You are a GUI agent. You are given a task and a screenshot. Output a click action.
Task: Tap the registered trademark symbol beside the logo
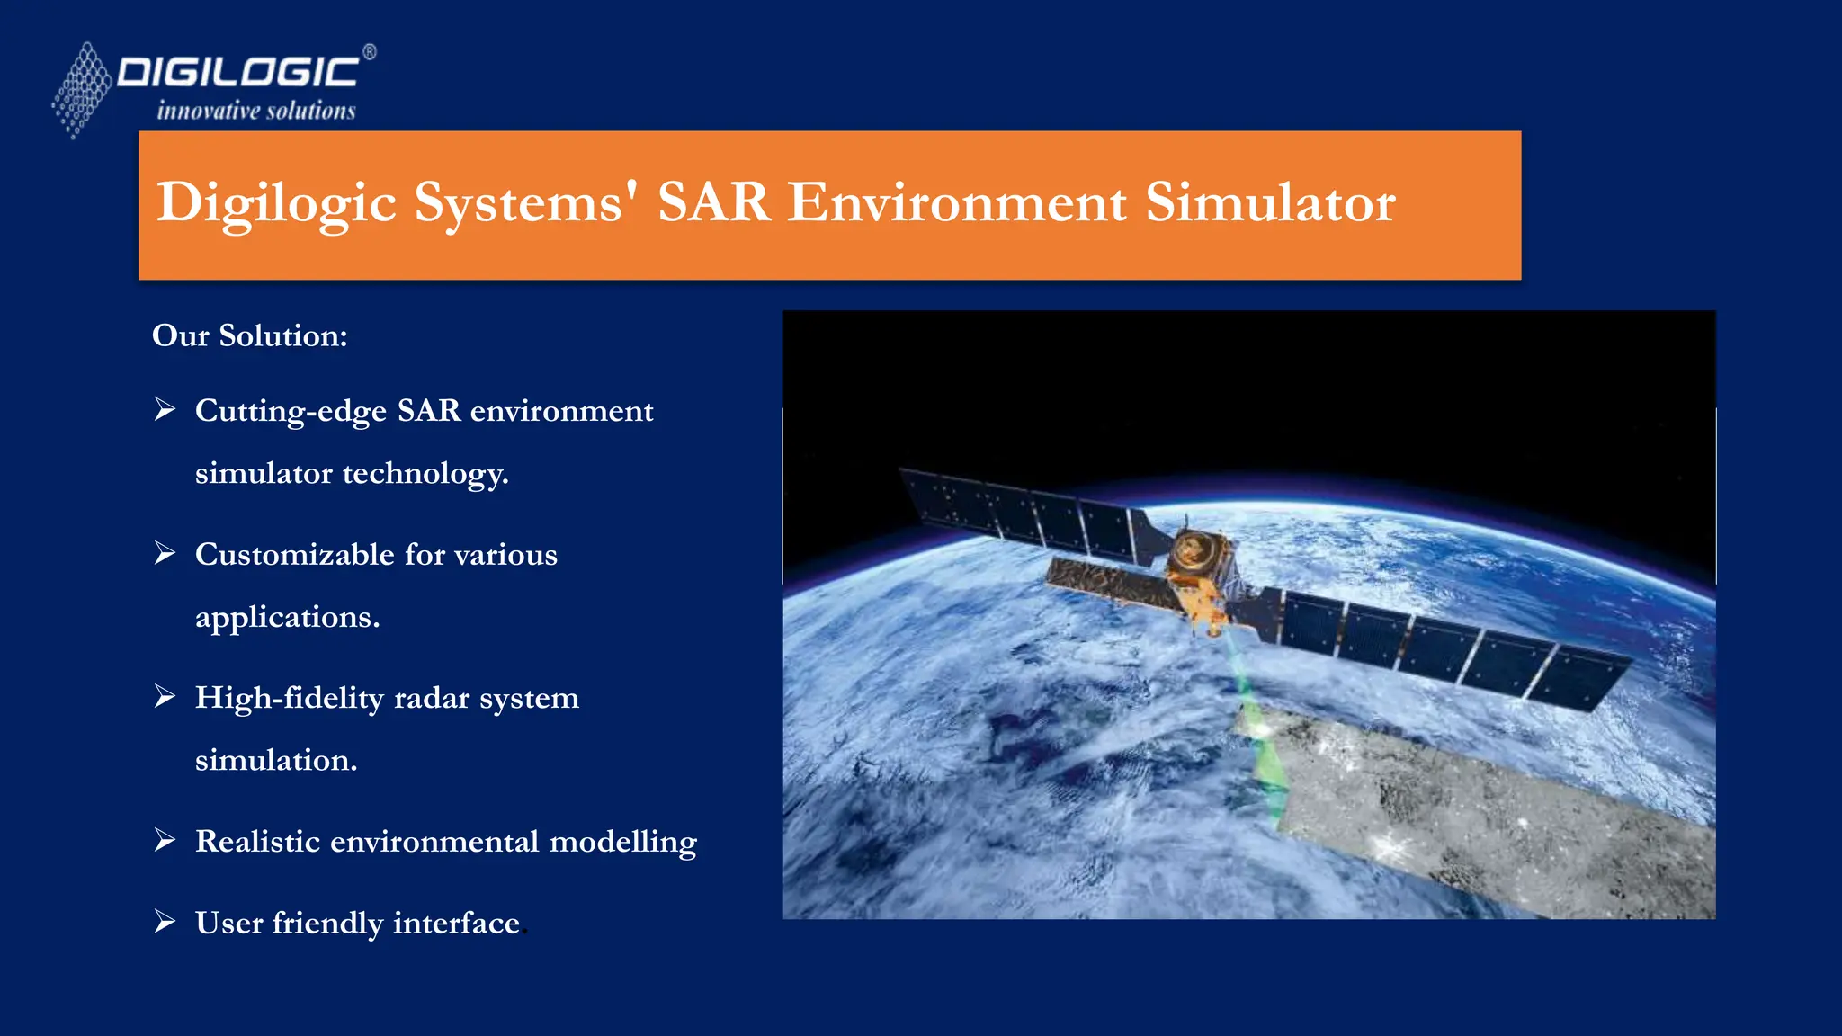tap(370, 52)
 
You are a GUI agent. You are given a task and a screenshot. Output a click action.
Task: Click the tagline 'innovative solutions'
tap(256, 111)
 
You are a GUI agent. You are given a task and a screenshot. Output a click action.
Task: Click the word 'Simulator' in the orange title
tap(1270, 202)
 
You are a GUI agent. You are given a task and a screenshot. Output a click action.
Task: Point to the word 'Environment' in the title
tap(957, 202)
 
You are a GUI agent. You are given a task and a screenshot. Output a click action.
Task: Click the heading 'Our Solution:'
tap(249, 335)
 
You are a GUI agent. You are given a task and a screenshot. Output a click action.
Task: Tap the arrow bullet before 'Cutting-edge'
tap(165, 409)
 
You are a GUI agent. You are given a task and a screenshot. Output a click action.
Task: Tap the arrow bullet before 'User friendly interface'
tap(165, 922)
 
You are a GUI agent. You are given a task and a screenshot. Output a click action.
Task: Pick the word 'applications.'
tap(287, 617)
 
